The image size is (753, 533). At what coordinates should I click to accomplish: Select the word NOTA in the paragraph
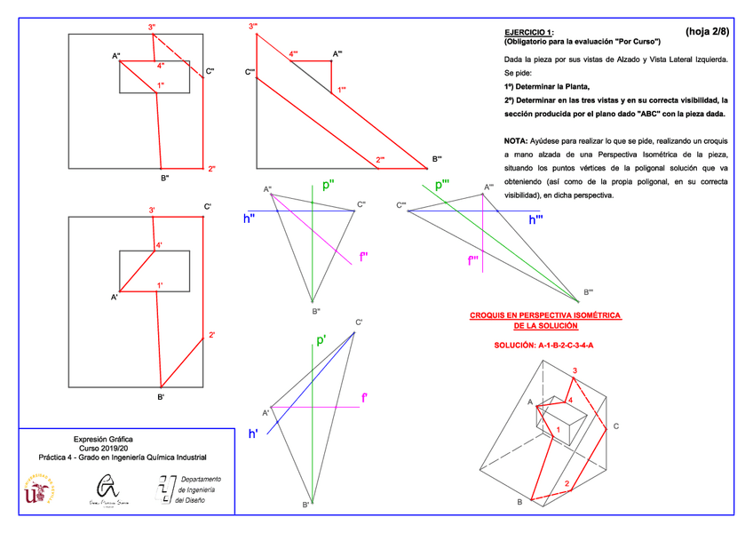pos(514,140)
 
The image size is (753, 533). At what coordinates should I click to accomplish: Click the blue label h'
pos(253,434)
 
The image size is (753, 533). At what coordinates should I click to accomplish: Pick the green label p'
pos(321,340)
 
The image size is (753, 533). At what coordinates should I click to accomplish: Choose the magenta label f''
pos(364,257)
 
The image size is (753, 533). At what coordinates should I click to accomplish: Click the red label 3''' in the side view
pos(253,27)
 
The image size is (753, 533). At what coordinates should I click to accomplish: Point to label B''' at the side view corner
pos(437,159)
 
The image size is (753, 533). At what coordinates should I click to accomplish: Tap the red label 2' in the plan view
pos(212,335)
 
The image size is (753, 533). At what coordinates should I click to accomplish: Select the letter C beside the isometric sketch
pos(614,426)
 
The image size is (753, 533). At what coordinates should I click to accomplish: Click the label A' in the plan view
pos(114,297)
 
